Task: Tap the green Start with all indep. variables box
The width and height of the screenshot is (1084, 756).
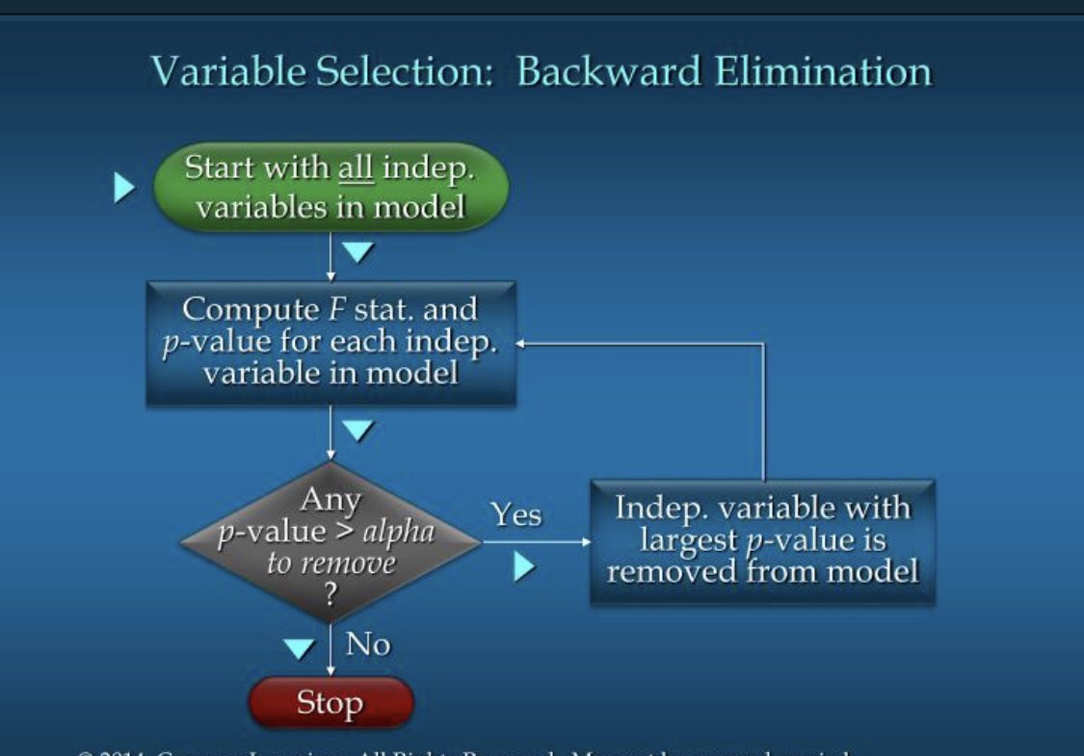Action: tap(330, 187)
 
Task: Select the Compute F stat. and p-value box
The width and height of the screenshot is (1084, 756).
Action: tap(330, 342)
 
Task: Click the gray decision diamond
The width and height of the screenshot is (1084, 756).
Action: tap(330, 542)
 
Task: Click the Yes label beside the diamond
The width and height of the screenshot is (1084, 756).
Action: tap(516, 514)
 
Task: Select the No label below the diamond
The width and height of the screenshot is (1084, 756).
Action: tap(367, 643)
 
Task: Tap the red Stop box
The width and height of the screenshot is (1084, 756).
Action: tap(330, 703)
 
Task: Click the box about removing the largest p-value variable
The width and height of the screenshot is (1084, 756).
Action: tap(762, 541)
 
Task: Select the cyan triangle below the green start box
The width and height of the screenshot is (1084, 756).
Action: tap(357, 252)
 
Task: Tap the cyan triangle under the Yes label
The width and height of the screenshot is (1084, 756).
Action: tap(523, 567)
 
